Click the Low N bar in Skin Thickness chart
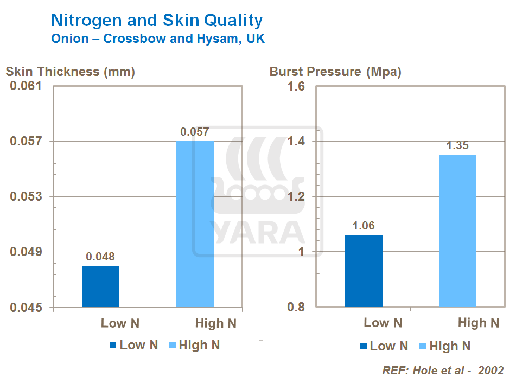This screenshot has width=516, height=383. [x=100, y=286]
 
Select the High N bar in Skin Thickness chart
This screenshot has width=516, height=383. [x=195, y=224]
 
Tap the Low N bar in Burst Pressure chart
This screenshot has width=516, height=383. [x=364, y=271]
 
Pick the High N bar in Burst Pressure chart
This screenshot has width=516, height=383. [x=457, y=231]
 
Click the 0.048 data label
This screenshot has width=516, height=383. [x=101, y=257]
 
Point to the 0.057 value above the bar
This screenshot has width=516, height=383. [x=195, y=132]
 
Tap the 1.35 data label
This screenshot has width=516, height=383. [x=457, y=146]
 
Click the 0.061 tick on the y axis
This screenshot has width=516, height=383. [x=27, y=86]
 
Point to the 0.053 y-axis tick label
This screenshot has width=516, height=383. [x=27, y=196]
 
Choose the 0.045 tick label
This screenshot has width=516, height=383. [x=27, y=308]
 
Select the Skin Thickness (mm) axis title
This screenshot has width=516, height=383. [x=70, y=72]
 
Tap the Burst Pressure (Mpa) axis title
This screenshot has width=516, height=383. [x=335, y=72]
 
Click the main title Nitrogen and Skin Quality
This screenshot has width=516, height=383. [x=157, y=21]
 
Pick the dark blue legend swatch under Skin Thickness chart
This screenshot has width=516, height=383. [x=113, y=346]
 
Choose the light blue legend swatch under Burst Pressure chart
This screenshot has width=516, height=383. [x=423, y=346]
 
